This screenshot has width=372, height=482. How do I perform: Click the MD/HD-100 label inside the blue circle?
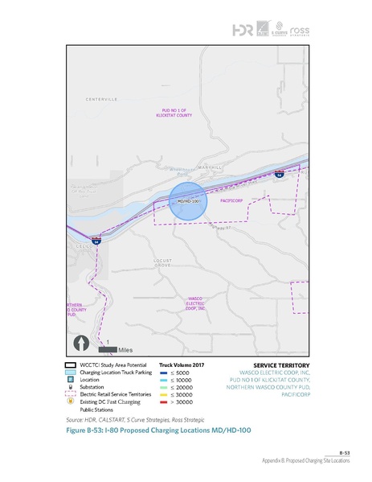(x=187, y=200)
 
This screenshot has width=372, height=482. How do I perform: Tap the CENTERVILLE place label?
(x=102, y=98)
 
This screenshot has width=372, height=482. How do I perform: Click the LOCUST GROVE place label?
(x=163, y=263)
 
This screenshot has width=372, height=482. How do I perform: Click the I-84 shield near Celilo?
(x=96, y=241)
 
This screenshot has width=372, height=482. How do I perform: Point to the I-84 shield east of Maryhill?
(x=278, y=174)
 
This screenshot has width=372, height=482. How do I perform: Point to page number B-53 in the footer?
(x=345, y=452)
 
